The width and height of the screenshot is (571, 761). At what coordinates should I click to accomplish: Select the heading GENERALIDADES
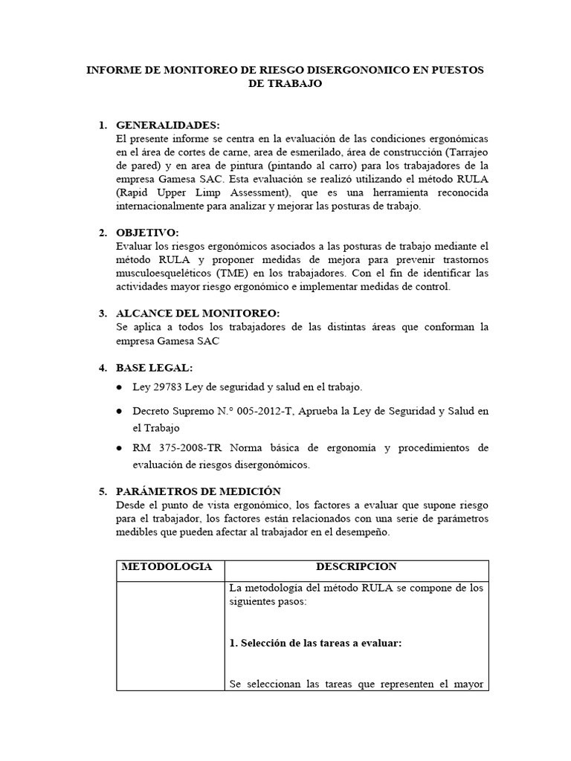pos(168,124)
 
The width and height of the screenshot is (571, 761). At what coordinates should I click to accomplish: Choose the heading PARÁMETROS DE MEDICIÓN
pos(199,491)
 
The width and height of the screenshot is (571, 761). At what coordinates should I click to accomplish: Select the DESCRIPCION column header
pos(356,566)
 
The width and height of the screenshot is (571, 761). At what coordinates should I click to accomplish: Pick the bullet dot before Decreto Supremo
pos(120,412)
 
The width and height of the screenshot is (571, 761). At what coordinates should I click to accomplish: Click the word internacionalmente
pos(164,206)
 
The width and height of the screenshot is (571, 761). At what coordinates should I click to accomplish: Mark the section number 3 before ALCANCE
pos(103,314)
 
